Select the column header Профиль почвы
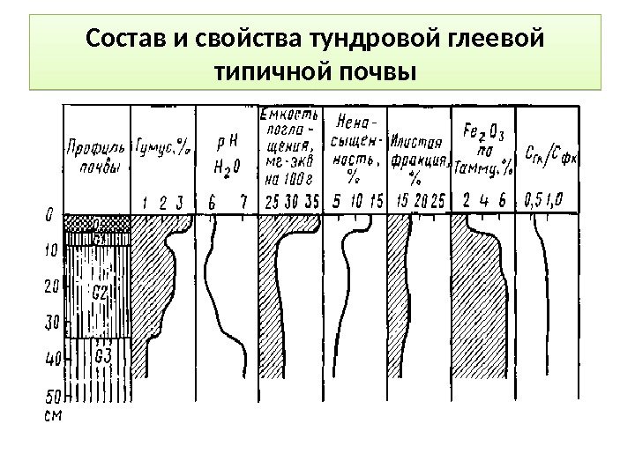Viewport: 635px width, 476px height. tap(96, 159)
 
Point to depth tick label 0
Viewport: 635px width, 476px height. tap(49, 213)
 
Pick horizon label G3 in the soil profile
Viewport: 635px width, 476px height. tap(101, 357)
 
